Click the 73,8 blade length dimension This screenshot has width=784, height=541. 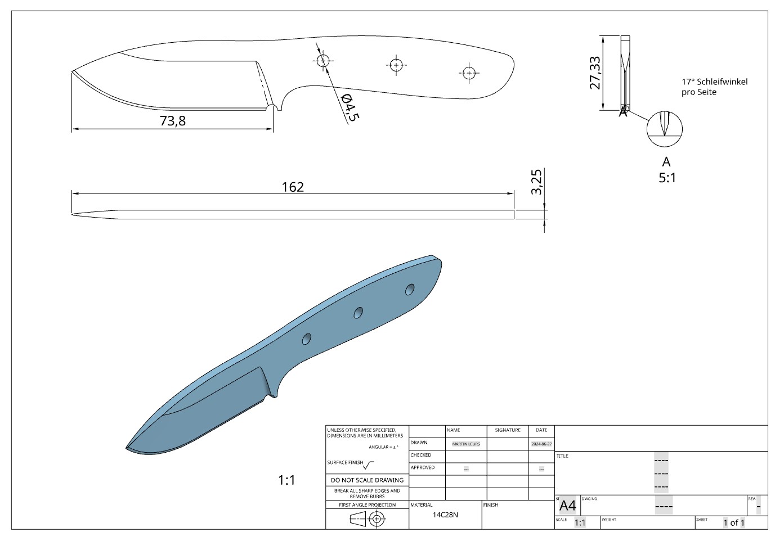point(173,121)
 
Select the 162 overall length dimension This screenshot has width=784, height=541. point(293,187)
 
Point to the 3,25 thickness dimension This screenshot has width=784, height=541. point(536,182)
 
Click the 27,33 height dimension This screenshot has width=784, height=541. point(595,73)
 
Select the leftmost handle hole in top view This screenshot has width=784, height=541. point(323,61)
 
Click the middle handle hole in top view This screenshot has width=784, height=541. point(396,65)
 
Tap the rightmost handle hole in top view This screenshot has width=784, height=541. point(469,72)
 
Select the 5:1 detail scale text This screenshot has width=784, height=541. point(667,178)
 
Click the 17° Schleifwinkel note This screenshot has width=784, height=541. point(714,87)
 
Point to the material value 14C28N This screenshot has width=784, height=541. point(445,515)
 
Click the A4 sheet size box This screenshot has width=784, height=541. point(567,505)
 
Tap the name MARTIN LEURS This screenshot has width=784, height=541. point(466,444)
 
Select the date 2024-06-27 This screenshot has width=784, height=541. point(541,444)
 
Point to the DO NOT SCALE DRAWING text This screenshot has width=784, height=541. point(367,480)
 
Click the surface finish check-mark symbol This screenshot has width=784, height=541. point(369,465)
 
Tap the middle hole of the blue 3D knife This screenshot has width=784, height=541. point(358,313)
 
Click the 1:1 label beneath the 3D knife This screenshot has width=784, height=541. point(286,480)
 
